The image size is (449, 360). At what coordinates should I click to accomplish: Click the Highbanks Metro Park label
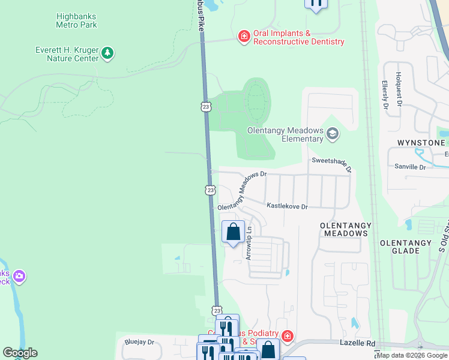tap(76, 20)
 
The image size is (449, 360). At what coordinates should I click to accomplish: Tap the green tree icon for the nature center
tap(107, 53)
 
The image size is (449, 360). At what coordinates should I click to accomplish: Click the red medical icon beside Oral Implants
tap(244, 37)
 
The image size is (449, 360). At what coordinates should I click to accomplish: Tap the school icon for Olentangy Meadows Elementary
tap(332, 134)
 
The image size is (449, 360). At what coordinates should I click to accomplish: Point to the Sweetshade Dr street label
tap(331, 164)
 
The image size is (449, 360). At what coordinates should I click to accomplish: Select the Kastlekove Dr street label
tap(287, 206)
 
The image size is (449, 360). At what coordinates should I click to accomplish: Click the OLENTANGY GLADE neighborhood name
tap(405, 247)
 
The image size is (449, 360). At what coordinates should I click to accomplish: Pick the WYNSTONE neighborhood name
tap(421, 143)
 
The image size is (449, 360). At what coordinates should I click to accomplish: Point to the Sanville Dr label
tap(409, 167)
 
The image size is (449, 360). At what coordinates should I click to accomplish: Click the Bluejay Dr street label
tap(139, 343)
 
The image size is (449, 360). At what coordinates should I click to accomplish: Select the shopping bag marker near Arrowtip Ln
tap(233, 232)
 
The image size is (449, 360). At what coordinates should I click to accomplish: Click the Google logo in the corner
tap(20, 353)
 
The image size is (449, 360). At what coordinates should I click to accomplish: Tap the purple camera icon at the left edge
tap(19, 277)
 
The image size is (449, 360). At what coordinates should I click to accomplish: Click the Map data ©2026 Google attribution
tap(412, 355)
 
